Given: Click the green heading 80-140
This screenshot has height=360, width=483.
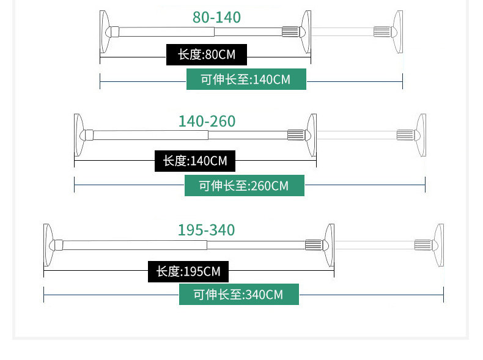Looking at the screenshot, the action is (x=216, y=17).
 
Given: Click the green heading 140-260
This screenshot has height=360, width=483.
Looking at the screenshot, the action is (x=207, y=121).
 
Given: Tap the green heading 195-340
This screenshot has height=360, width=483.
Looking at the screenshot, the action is (x=207, y=230).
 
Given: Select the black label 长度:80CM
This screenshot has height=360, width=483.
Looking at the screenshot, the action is (x=207, y=54).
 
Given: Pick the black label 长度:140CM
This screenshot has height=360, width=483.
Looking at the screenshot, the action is (x=194, y=161).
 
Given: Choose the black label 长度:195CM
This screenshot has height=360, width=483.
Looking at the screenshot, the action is (x=188, y=271).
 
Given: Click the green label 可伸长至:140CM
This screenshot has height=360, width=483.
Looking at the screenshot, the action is (x=246, y=79).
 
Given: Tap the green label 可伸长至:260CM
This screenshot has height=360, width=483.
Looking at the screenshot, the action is (x=245, y=185).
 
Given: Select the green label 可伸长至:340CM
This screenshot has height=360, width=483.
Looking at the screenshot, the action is (x=239, y=295).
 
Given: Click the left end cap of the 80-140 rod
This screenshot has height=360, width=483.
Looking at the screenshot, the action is (x=105, y=32).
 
